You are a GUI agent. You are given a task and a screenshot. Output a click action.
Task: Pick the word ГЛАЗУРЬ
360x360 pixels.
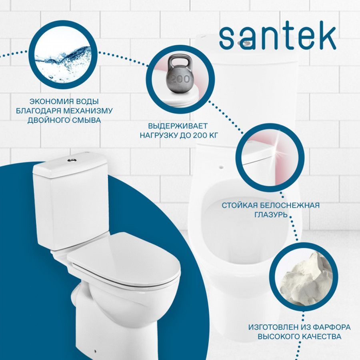[x=271, y=214]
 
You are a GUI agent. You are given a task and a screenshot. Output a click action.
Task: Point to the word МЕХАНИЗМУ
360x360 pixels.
[x=88, y=111]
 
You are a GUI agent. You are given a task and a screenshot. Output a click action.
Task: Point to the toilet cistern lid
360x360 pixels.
[x=70, y=165]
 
